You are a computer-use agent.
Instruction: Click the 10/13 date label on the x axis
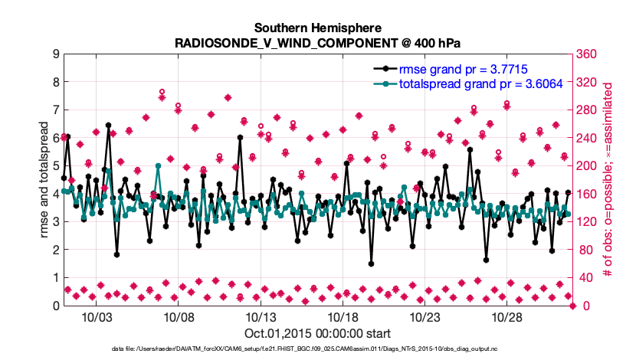tap(260, 316)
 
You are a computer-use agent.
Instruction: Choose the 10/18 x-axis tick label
tap(343, 316)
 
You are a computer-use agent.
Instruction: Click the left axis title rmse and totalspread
tap(43, 179)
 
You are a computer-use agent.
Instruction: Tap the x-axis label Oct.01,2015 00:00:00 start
tap(318, 333)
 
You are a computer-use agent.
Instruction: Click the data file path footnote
tap(318, 349)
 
